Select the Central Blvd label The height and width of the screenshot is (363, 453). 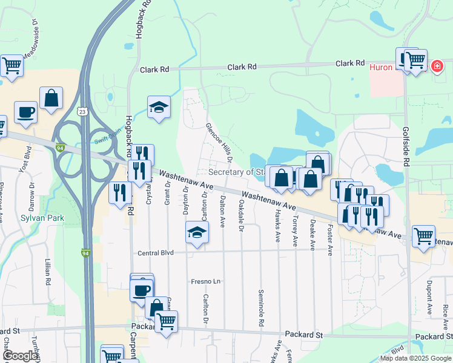coord(156,253)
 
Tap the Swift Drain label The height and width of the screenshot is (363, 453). coord(108,137)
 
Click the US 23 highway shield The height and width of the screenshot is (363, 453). coord(84,111)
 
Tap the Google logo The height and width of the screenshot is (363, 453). coord(19,356)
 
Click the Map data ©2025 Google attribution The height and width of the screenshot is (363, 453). coord(415,358)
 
